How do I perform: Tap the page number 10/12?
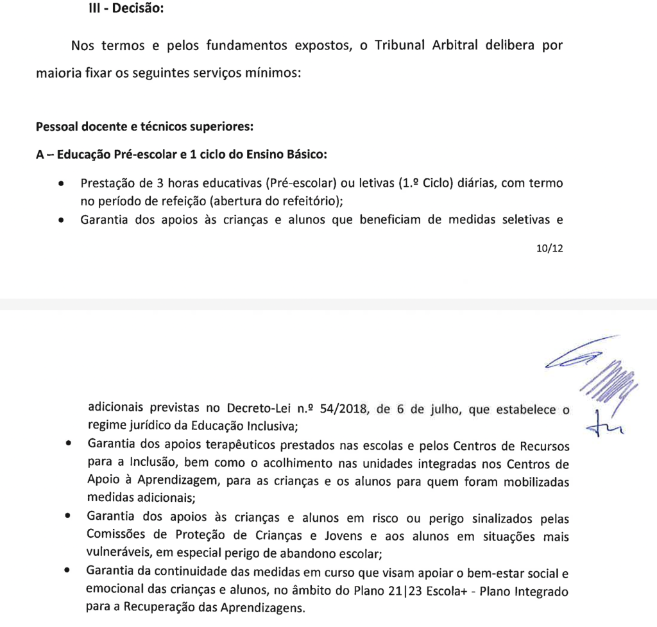tap(549, 248)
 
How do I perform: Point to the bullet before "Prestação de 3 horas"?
tap(61, 184)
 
